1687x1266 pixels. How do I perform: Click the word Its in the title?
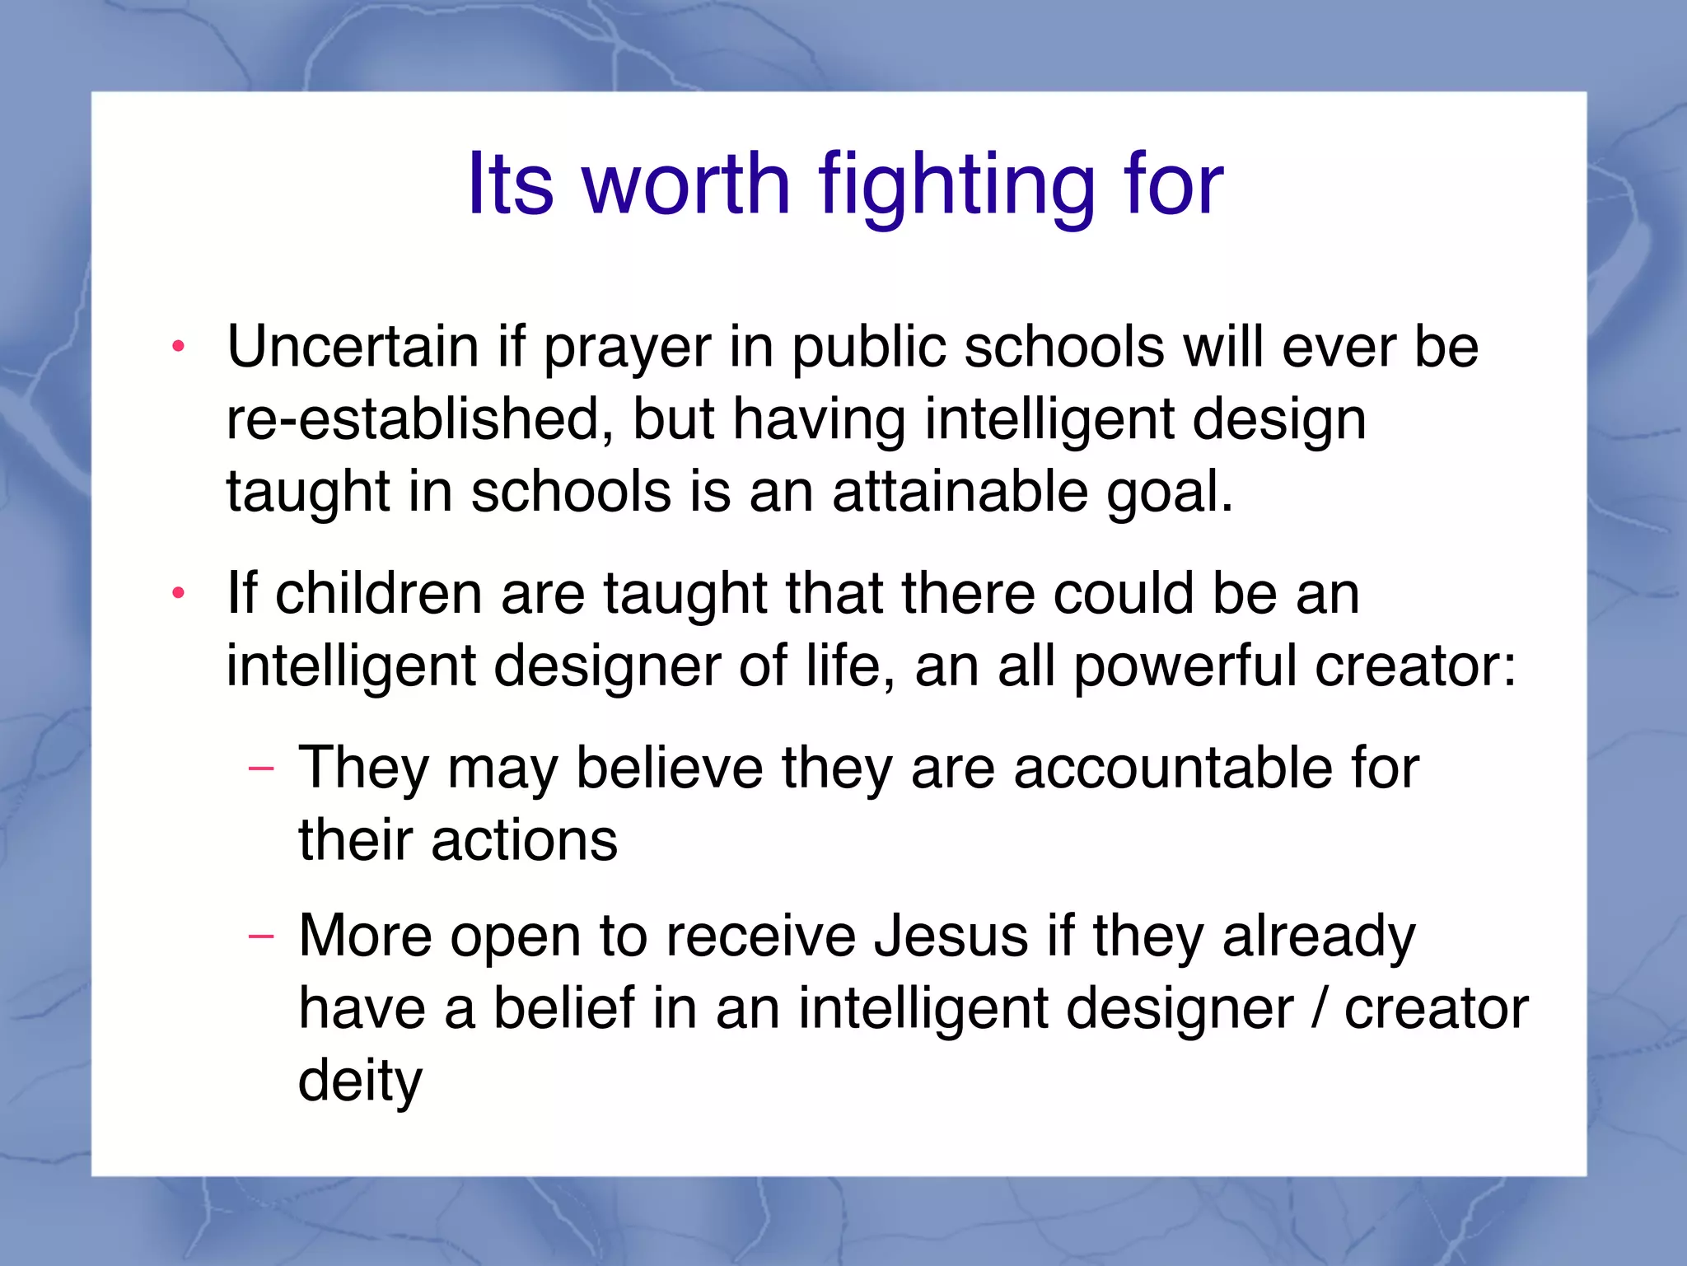(510, 185)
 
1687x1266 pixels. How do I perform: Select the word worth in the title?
(687, 185)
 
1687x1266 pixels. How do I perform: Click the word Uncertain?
(353, 346)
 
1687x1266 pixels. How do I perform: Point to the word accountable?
(1170, 768)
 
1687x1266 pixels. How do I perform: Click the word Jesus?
(951, 936)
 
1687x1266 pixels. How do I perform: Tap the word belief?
(564, 1008)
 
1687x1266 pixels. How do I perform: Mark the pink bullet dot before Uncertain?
(178, 347)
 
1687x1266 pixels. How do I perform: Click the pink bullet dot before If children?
(178, 593)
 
